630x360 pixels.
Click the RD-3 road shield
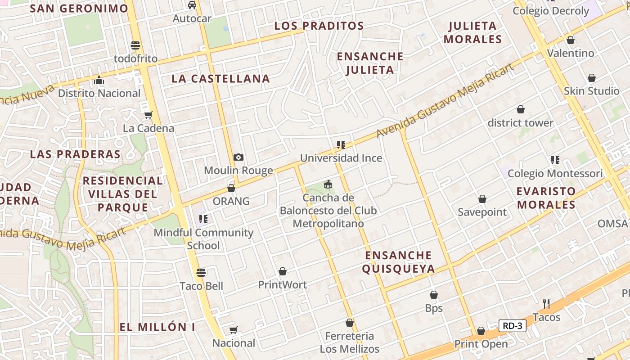click(513, 326)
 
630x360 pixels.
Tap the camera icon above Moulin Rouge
click(238, 157)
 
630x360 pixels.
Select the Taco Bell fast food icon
click(201, 273)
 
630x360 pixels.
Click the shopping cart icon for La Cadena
click(148, 115)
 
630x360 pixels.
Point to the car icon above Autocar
click(192, 5)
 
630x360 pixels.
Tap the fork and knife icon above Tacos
click(546, 304)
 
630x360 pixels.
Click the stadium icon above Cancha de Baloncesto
click(328, 184)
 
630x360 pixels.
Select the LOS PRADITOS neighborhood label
click(319, 26)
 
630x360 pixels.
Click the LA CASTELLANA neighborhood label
click(220, 79)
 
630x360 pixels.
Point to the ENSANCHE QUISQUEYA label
click(399, 262)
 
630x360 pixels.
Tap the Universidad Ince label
click(341, 158)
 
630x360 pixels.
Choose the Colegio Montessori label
click(555, 173)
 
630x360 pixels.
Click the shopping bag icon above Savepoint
click(482, 199)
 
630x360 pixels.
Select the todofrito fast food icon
click(135, 45)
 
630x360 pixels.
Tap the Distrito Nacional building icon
click(99, 81)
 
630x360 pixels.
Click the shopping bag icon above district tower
click(521, 109)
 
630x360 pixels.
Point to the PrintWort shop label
click(282, 285)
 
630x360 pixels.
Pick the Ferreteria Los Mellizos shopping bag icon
click(350, 323)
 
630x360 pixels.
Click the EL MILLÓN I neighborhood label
click(157, 327)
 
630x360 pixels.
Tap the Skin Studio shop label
click(592, 91)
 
